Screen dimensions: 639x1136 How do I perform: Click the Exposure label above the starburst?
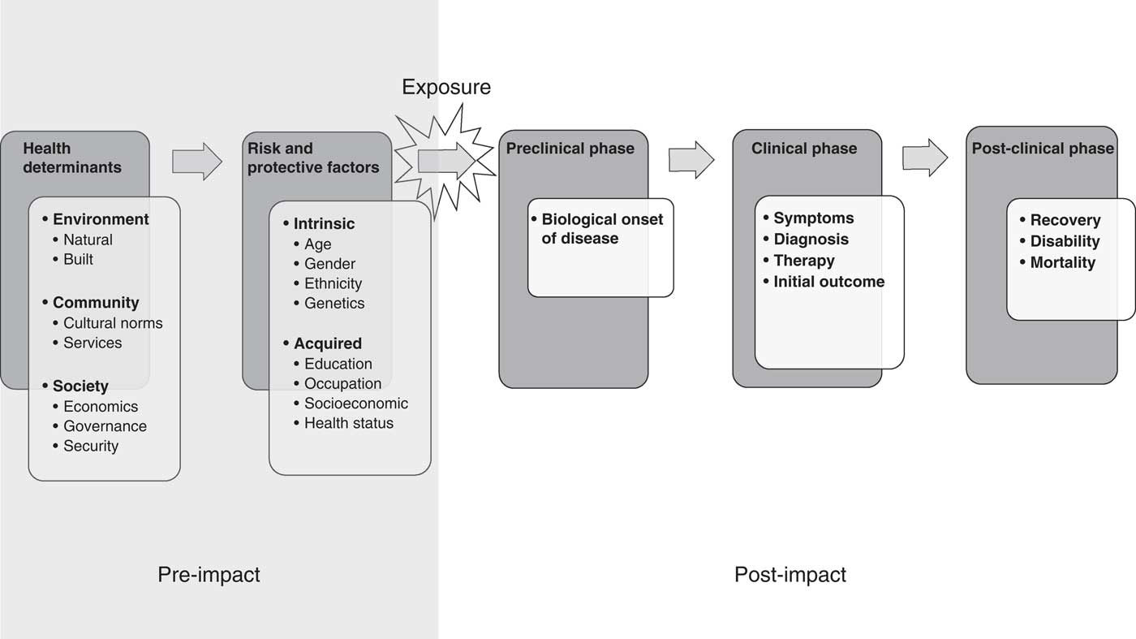click(x=446, y=87)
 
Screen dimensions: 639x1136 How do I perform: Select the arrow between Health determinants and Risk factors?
click(x=196, y=161)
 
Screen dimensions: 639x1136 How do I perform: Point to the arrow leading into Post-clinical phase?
click(x=925, y=157)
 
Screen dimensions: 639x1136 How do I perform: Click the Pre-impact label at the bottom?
click(x=209, y=575)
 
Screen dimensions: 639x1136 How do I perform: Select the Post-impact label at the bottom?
click(x=790, y=575)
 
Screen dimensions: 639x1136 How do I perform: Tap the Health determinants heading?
click(x=71, y=158)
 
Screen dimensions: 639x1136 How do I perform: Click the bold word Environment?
click(x=101, y=219)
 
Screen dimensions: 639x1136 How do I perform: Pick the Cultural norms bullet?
click(x=113, y=323)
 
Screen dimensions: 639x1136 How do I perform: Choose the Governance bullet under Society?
click(x=105, y=426)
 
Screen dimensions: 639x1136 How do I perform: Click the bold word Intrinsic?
click(x=324, y=223)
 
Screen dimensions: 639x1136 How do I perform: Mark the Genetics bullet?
click(x=334, y=303)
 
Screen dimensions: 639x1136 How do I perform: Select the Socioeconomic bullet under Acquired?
click(x=356, y=404)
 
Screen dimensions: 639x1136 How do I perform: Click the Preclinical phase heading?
click(x=570, y=149)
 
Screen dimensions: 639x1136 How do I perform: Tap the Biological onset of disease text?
click(x=601, y=229)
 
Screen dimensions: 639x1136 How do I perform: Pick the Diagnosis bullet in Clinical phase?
click(x=811, y=240)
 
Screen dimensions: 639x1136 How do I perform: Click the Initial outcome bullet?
click(x=828, y=282)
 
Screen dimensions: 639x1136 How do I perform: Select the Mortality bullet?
click(x=1062, y=262)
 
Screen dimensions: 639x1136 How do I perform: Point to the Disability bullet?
click(x=1065, y=241)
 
